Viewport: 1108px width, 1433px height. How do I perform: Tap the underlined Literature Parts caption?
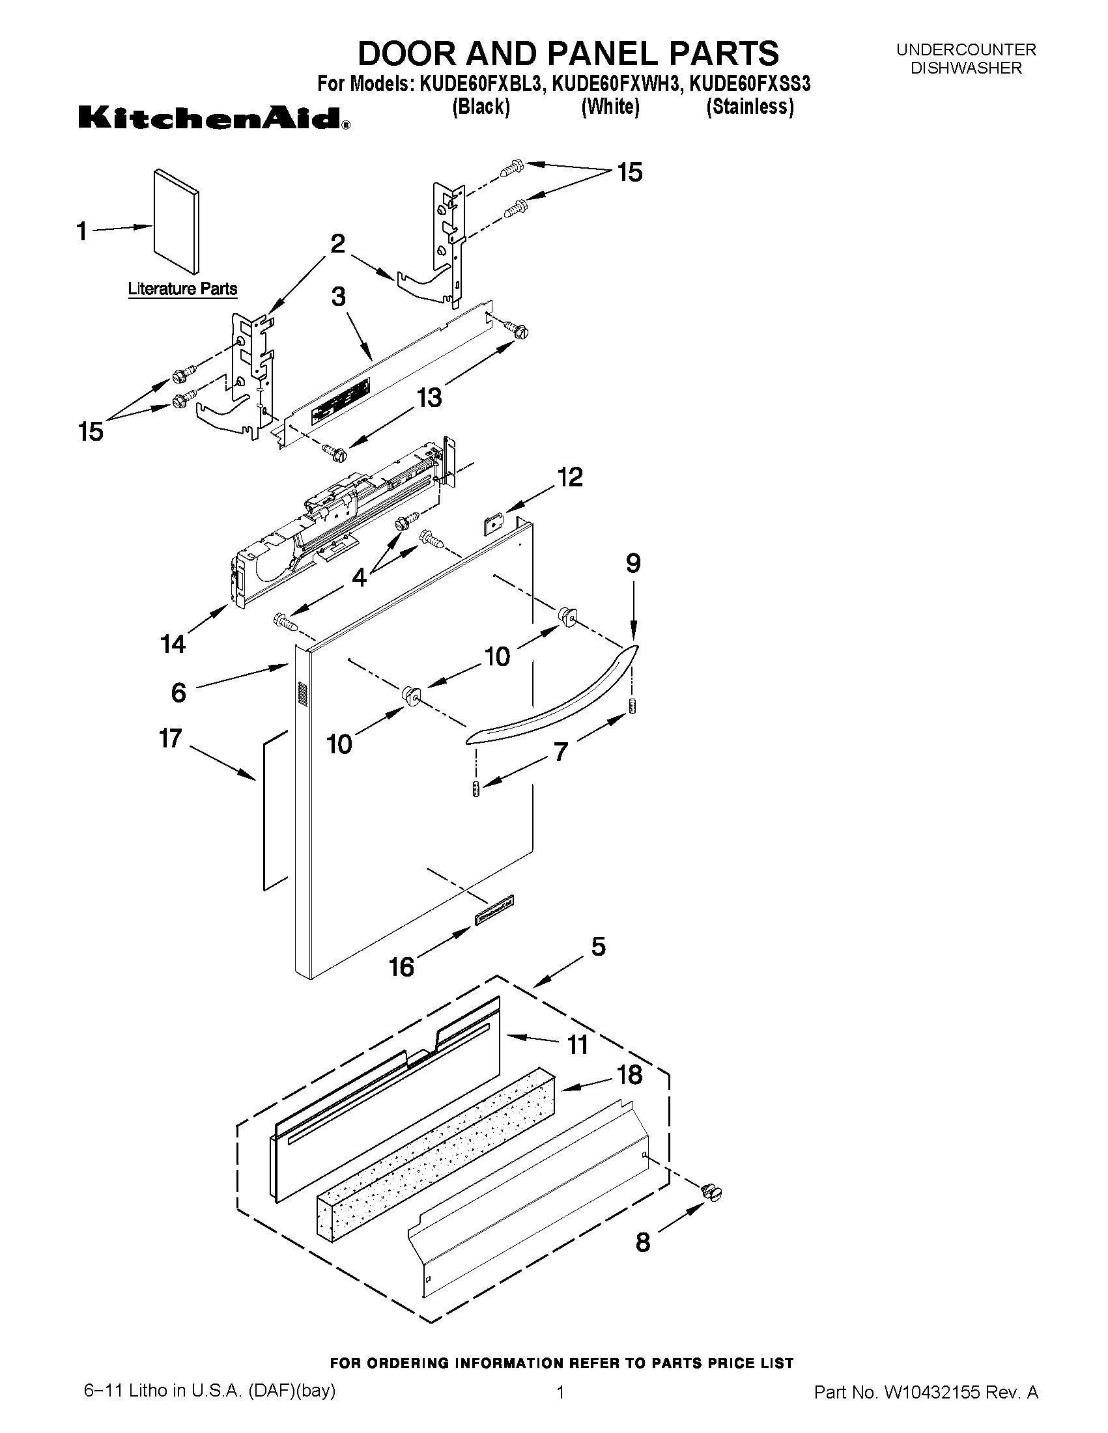pyautogui.click(x=182, y=288)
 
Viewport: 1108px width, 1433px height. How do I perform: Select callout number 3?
pyautogui.click(x=338, y=297)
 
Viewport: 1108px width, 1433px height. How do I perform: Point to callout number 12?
pyautogui.click(x=570, y=477)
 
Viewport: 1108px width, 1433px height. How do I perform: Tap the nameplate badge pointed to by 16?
pyautogui.click(x=494, y=911)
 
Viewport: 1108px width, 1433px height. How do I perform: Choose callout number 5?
pyautogui.click(x=598, y=946)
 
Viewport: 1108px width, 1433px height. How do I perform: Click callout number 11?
pyautogui.click(x=577, y=1044)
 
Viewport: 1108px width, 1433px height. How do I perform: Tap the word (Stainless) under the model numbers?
pyautogui.click(x=750, y=106)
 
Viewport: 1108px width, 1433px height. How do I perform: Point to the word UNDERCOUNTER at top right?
pyautogui.click(x=966, y=50)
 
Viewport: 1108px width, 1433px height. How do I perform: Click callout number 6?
pyautogui.click(x=178, y=692)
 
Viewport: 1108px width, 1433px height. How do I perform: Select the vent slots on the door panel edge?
pyautogui.click(x=303, y=694)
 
